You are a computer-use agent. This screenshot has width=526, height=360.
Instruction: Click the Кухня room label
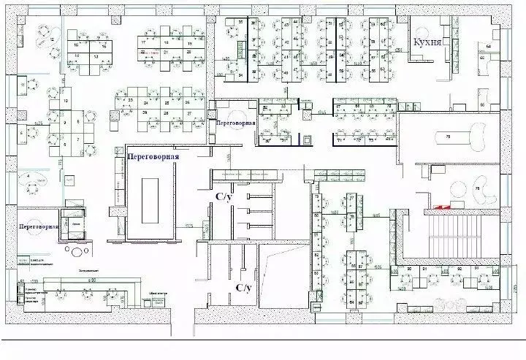(x=427, y=42)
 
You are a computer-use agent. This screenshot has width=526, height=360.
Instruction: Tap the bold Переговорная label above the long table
(x=153, y=155)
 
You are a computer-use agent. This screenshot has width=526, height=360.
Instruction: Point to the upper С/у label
(x=224, y=196)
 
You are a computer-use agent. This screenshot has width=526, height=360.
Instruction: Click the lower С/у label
(x=244, y=288)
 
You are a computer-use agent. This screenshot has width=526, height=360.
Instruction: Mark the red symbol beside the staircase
(x=441, y=207)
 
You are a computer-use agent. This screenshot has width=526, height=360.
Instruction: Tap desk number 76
(x=479, y=189)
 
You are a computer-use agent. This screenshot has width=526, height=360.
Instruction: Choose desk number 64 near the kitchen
(x=488, y=47)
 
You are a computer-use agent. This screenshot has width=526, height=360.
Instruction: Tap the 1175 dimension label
(x=189, y=226)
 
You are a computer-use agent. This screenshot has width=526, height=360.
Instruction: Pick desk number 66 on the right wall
(x=482, y=56)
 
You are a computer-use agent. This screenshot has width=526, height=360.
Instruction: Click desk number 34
(x=240, y=75)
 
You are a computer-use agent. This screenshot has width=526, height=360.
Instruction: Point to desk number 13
(x=96, y=55)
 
